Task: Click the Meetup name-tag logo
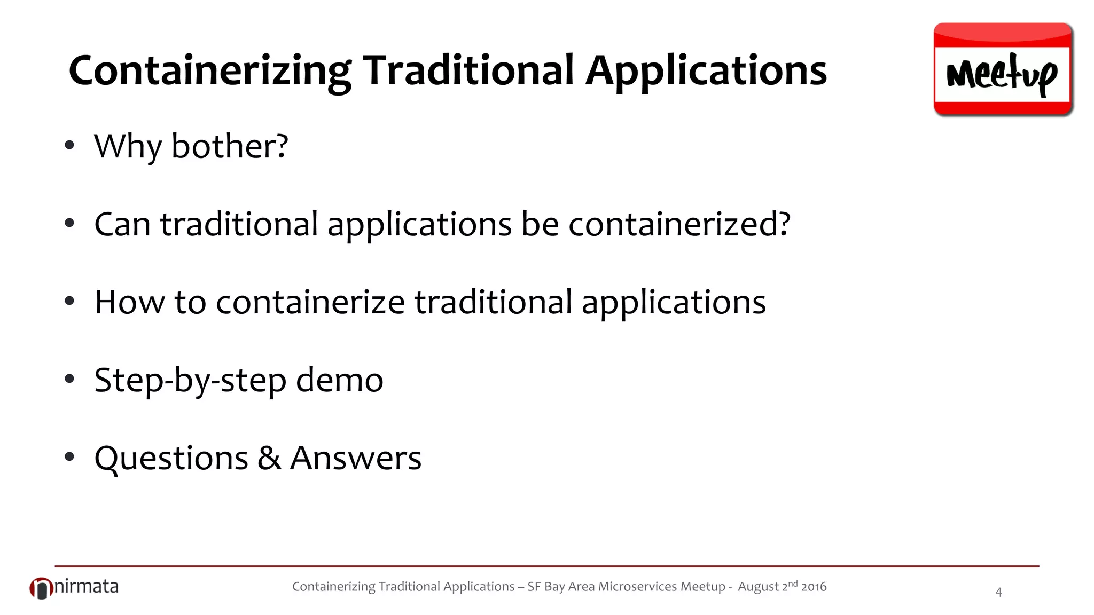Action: [1003, 69]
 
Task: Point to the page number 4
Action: [998, 592]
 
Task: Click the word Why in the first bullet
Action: [127, 146]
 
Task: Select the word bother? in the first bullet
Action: [230, 146]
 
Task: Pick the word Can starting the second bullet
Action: [122, 224]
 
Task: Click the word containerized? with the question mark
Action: [679, 224]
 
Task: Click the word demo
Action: [340, 381]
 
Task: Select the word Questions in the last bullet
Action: [171, 459]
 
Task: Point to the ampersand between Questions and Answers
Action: [269, 459]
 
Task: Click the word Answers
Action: [356, 459]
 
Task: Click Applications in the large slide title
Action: [706, 71]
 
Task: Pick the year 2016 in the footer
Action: [814, 587]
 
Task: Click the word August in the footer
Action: [759, 587]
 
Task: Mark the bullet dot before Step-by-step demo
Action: [69, 380]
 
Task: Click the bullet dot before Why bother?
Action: [69, 145]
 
